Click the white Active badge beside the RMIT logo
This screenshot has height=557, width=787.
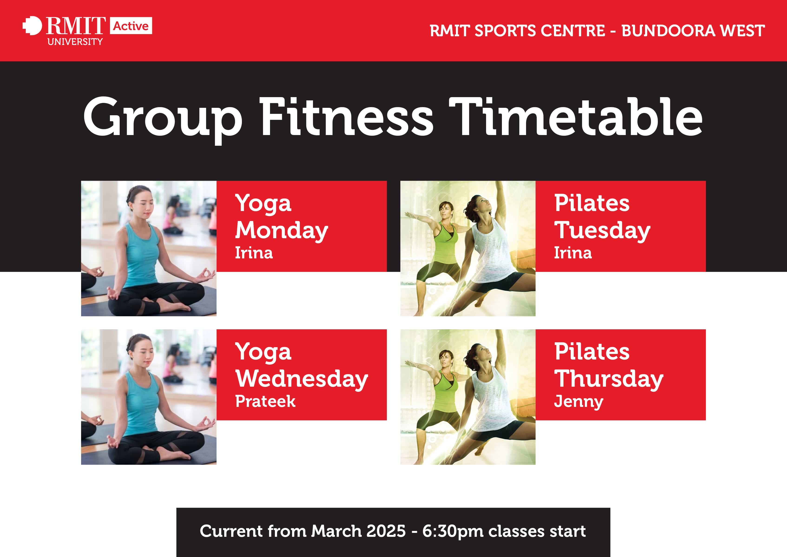pos(131,26)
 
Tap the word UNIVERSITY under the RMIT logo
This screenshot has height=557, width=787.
pos(75,42)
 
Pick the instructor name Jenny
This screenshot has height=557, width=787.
pos(579,402)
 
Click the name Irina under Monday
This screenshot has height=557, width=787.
pos(254,253)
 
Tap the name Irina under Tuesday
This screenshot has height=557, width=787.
pos(573,253)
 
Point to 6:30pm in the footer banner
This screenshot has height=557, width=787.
pos(452,531)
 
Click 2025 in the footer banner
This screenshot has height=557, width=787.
pos(386,531)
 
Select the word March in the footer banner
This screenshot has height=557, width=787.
pos(336,531)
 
